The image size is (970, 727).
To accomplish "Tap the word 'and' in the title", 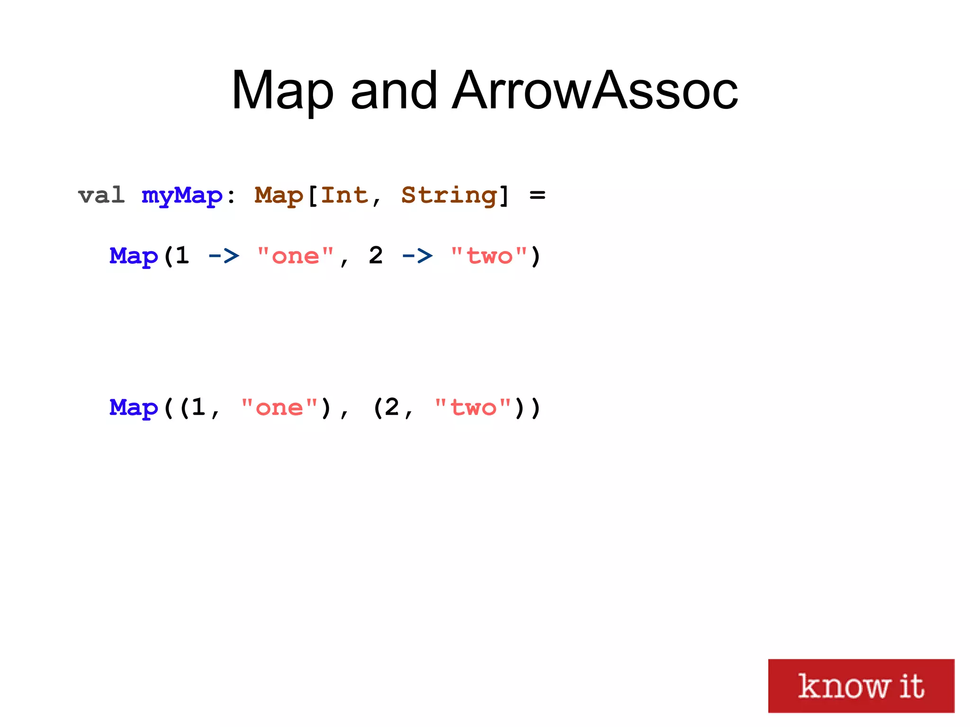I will click(x=394, y=90).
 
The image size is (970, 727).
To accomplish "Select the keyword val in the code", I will click(x=101, y=195).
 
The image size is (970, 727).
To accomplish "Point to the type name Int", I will click(x=344, y=195).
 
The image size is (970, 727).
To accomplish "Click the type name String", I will click(x=449, y=196).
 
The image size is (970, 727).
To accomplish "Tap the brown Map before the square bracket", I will click(x=278, y=196).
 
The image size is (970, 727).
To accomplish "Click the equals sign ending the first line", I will click(x=537, y=195).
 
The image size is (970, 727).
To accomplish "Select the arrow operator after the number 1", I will click(x=224, y=256).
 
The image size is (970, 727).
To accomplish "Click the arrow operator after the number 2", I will click(x=417, y=256).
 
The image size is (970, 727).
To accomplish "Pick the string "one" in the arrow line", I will click(x=296, y=256).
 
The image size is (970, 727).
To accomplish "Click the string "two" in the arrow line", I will click(x=489, y=256).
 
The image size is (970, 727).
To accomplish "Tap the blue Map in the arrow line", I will click(x=134, y=256).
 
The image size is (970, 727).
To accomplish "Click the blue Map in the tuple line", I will click(x=134, y=408).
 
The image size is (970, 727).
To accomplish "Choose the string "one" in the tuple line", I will click(x=279, y=408).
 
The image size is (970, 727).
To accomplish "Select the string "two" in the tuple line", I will click(x=473, y=408).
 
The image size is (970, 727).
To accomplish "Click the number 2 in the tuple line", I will click(x=392, y=407).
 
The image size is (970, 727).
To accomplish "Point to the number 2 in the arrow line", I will click(x=376, y=256).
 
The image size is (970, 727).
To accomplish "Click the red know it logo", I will click(x=861, y=685).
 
